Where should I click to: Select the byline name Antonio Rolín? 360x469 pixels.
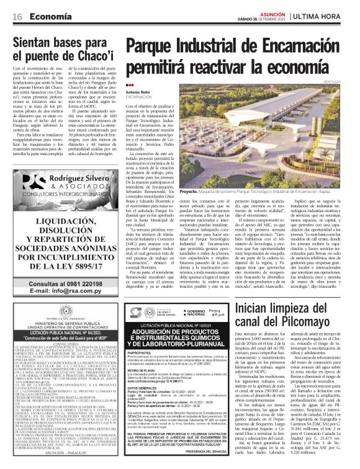(x=138, y=92)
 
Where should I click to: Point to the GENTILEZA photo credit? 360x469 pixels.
(x=342, y=81)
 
